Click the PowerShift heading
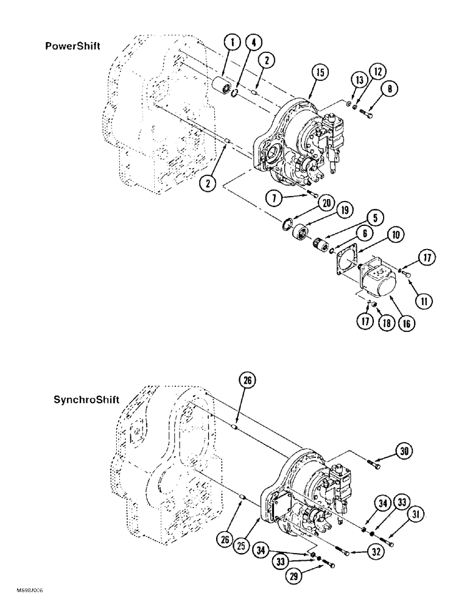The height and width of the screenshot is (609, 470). pyautogui.click(x=72, y=46)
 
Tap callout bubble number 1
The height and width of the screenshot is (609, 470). pyautogui.click(x=229, y=43)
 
